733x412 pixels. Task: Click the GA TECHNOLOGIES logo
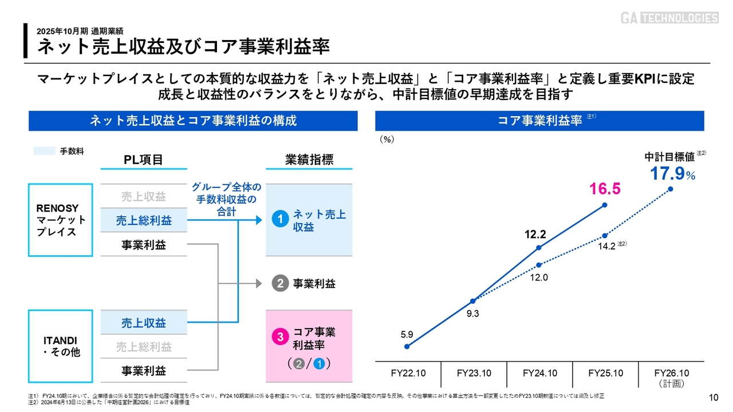click(669, 18)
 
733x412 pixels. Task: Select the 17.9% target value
click(672, 174)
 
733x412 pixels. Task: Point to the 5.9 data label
click(407, 335)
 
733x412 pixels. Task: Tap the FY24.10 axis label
click(539, 373)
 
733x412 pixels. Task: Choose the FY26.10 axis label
click(671, 373)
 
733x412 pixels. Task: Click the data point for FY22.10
click(407, 346)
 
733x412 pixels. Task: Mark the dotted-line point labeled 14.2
click(605, 236)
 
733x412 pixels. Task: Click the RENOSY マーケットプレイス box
click(60, 220)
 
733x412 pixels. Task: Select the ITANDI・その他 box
click(60, 346)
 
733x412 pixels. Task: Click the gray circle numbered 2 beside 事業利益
click(279, 283)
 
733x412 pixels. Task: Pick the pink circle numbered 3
click(280, 338)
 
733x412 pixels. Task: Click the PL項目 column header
click(143, 160)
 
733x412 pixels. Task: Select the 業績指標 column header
click(309, 160)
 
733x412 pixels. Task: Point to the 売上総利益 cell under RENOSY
click(143, 220)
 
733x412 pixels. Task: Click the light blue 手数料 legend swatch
click(44, 151)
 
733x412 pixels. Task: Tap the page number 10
click(714, 398)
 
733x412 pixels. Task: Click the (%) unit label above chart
click(387, 139)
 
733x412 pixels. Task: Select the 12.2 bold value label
click(535, 234)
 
